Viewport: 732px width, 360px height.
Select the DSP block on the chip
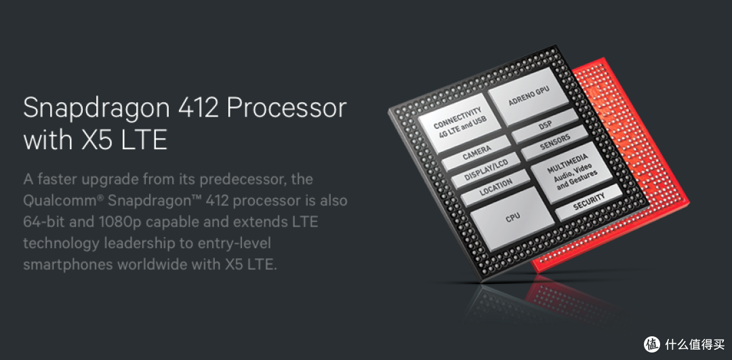[545, 126]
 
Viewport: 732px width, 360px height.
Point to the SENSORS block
[554, 143]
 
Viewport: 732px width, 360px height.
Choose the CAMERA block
[476, 153]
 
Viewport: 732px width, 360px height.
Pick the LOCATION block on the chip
[495, 188]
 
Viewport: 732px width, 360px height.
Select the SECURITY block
[588, 202]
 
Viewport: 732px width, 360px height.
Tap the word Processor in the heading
[287, 108]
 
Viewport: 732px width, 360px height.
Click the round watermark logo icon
[653, 344]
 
